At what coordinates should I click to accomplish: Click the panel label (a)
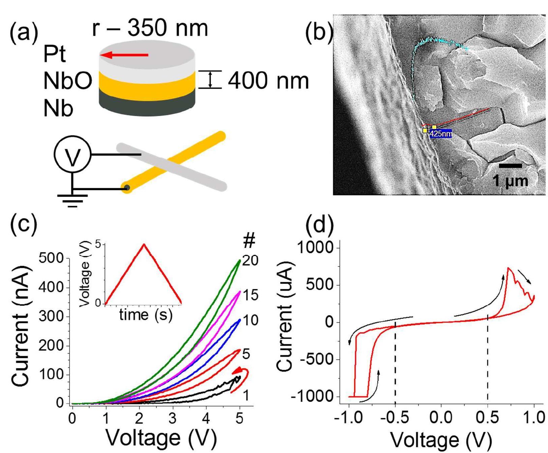click(x=24, y=33)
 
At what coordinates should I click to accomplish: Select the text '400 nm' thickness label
click(x=268, y=81)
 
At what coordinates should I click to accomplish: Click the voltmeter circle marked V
click(x=72, y=155)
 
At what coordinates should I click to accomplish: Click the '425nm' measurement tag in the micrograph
click(x=441, y=134)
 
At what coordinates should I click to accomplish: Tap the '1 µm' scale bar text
click(x=510, y=180)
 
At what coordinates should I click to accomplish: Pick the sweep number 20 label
click(x=250, y=260)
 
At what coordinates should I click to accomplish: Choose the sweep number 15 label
click(x=250, y=295)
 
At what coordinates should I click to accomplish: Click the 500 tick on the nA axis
click(x=51, y=258)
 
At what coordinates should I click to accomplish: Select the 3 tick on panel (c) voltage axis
click(x=172, y=419)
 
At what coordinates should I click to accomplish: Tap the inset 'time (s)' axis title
click(x=146, y=315)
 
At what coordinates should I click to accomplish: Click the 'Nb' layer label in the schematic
click(x=58, y=109)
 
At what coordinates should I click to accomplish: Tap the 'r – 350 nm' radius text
click(x=150, y=28)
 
